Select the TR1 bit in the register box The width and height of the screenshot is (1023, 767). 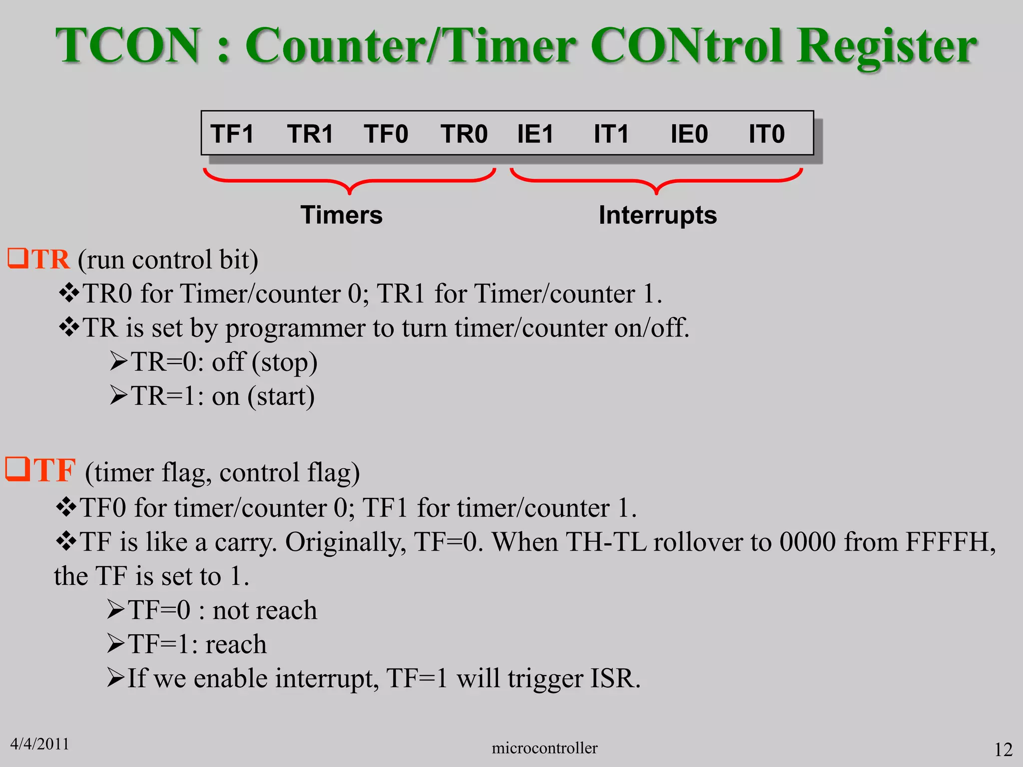[310, 134]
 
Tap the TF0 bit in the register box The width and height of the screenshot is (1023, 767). [386, 134]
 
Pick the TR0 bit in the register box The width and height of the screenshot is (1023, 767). [464, 134]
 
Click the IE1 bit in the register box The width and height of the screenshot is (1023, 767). [535, 134]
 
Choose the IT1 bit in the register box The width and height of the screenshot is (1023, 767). [611, 134]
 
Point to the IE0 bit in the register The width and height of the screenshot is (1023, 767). [689, 134]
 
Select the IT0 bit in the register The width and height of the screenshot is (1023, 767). [766, 134]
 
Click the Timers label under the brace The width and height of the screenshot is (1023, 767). [342, 215]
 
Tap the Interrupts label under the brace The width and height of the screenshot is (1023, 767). [657, 216]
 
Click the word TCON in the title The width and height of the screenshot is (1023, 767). [128, 45]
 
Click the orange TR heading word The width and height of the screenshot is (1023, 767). [50, 259]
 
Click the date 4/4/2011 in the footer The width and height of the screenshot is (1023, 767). [39, 744]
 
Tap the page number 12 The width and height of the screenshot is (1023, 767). [1003, 750]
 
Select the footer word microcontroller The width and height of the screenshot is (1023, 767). [544, 748]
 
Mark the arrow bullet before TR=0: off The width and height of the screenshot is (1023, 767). [119, 361]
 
